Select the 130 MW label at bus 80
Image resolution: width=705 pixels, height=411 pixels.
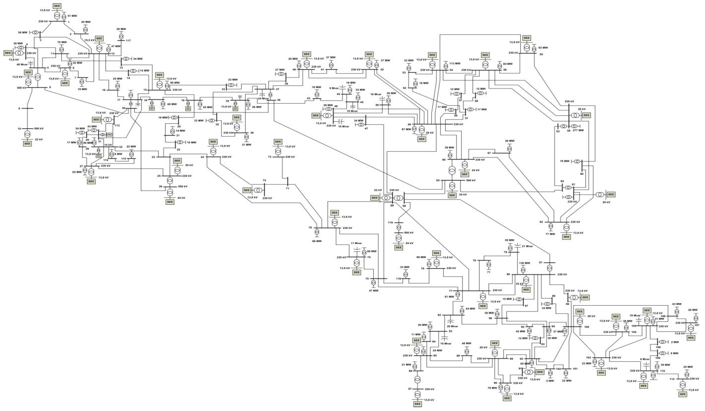coord(525,263)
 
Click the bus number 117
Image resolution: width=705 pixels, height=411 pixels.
coord(128,41)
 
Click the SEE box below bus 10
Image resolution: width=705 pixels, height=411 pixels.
coord(27,143)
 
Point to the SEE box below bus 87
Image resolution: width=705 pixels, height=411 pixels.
coord(418,404)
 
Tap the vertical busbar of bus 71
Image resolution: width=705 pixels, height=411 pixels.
coord(287,181)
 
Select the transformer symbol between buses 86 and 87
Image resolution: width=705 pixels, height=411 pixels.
coord(418,380)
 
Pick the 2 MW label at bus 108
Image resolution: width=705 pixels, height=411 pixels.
coord(675,342)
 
